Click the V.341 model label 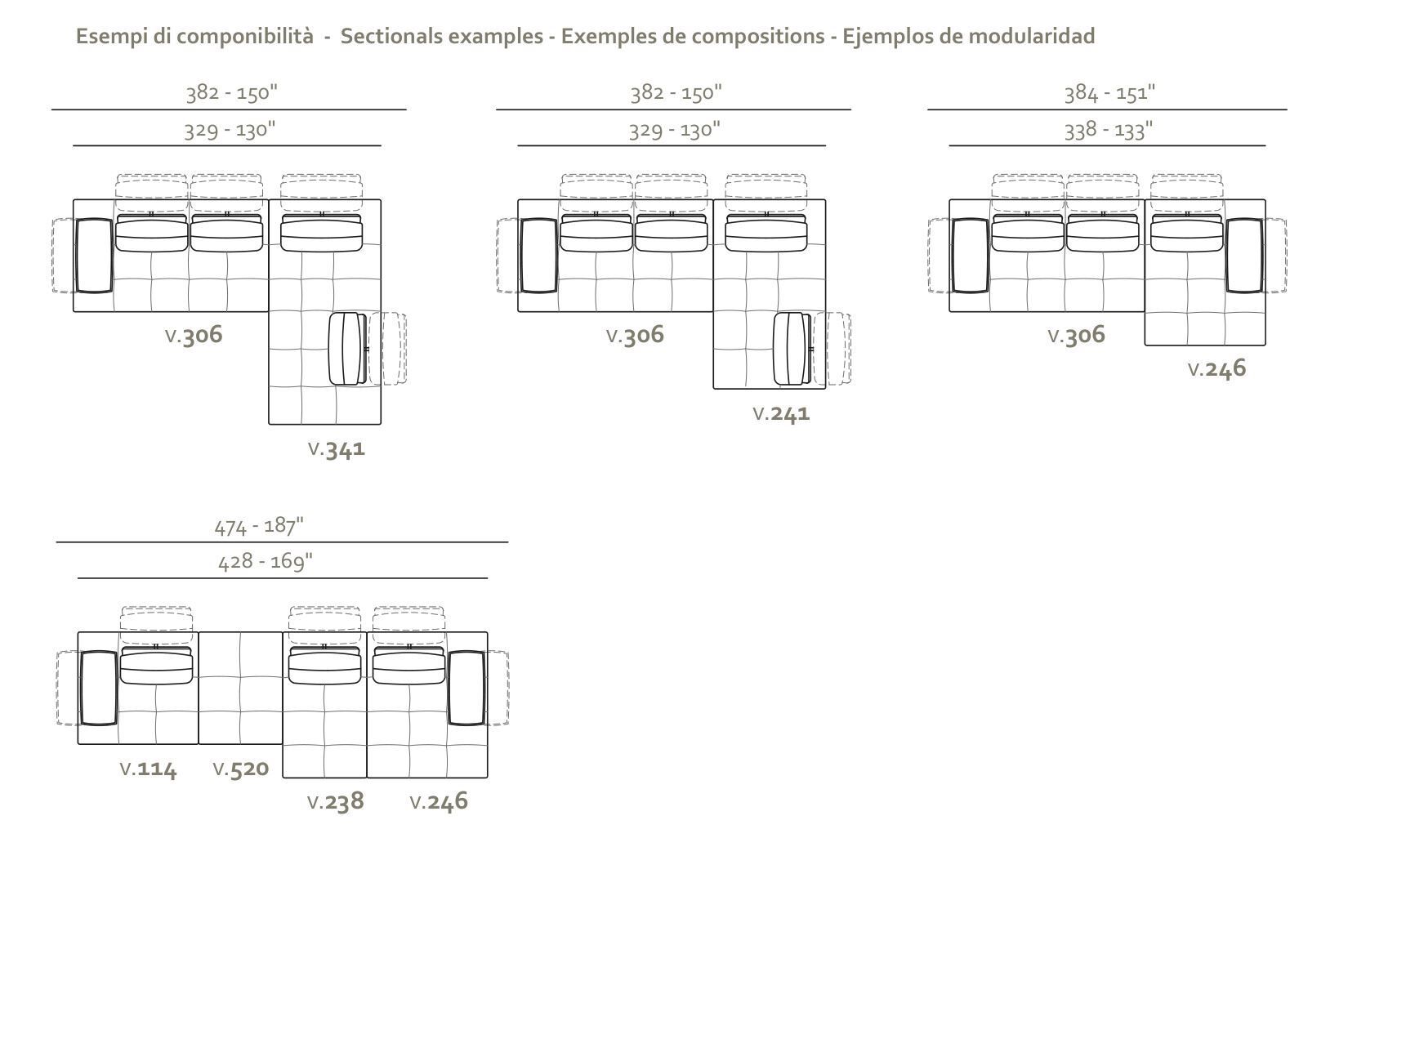pos(337,448)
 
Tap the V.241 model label pos(781,413)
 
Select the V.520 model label pos(241,769)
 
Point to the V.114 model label pos(148,769)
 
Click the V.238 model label pos(336,801)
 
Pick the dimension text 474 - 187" pos(259,525)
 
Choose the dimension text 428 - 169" pos(266,562)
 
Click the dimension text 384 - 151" pos(1109,92)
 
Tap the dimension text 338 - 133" pos(1109,130)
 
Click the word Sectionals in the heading pos(389,36)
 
